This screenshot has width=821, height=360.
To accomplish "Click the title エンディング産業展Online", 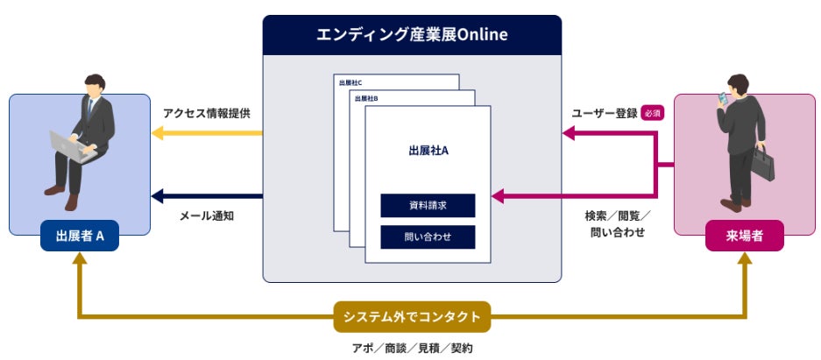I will (412, 36).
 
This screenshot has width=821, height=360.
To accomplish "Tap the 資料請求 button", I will (428, 206).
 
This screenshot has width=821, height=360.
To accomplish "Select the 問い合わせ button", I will (428, 237).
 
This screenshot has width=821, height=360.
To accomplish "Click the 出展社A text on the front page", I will (428, 151).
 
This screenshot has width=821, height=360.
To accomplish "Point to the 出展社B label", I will (366, 98).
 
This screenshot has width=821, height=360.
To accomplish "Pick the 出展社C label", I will (350, 83).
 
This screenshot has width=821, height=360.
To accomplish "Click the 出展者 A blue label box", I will (80, 236).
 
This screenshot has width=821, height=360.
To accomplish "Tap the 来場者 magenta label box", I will (744, 236).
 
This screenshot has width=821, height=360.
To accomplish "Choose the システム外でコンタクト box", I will (412, 316).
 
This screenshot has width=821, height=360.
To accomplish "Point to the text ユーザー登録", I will (604, 113).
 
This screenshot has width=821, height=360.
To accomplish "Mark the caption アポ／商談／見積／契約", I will (412, 348).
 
